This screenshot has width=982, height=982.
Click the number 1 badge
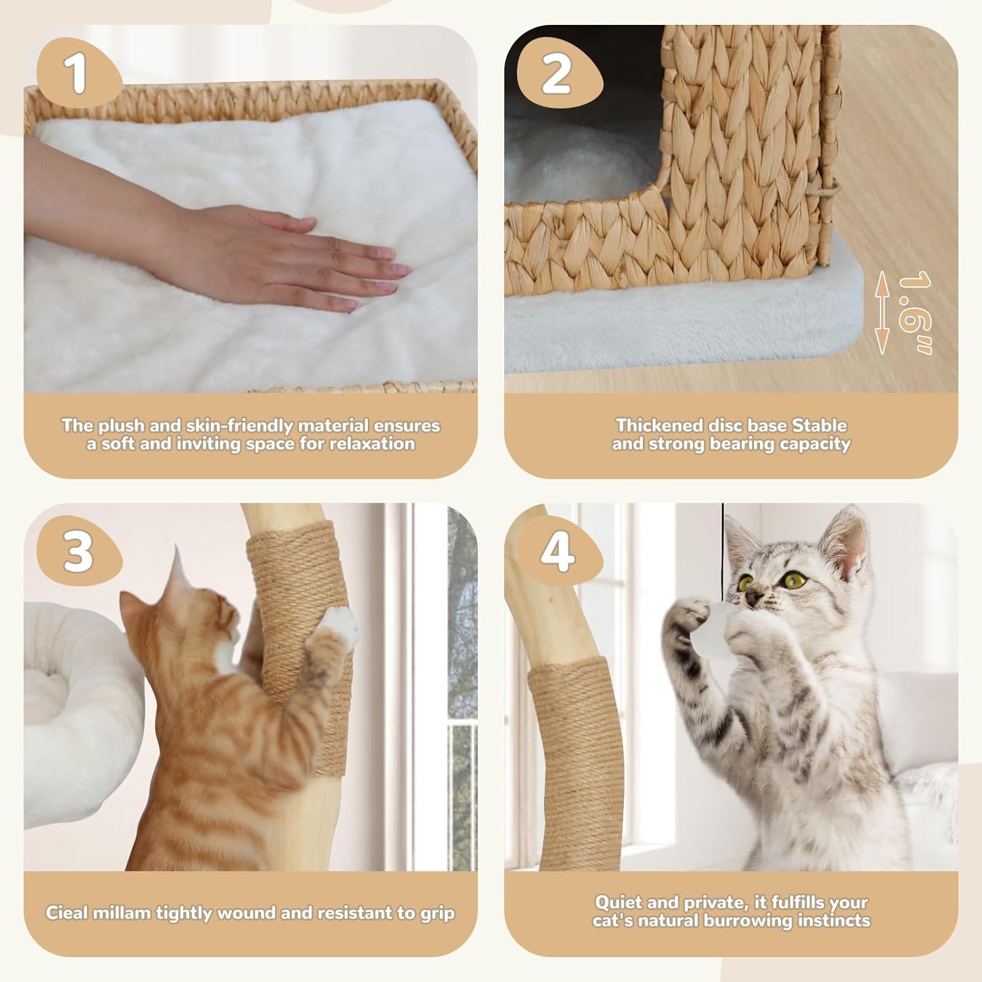77,74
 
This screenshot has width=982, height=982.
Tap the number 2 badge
556,74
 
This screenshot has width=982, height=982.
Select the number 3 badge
78,551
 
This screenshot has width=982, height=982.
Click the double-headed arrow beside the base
882,313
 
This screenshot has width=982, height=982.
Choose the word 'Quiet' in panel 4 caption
615,902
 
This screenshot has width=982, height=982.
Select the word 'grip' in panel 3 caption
437,913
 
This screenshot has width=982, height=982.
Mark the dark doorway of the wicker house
583,118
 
